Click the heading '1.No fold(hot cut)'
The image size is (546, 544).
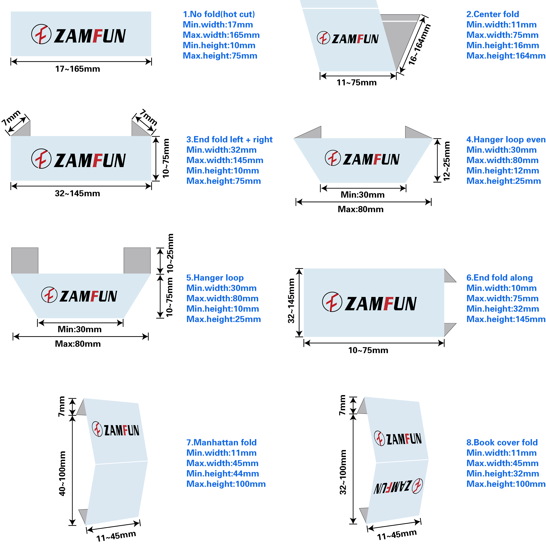[x=219, y=14]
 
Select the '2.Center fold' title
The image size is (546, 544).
[x=493, y=14]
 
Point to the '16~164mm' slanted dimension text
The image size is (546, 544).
[x=419, y=44]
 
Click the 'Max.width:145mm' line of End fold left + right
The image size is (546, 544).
[x=225, y=160]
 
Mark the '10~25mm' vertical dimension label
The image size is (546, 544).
[x=170, y=253]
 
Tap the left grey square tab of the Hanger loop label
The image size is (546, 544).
[x=25, y=261]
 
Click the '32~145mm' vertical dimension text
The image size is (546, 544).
[x=291, y=301]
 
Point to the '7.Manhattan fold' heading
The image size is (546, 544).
[x=221, y=442]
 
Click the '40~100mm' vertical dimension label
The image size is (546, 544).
[x=62, y=473]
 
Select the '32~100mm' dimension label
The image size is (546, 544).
[x=343, y=472]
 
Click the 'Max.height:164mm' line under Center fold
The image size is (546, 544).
[x=506, y=56]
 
